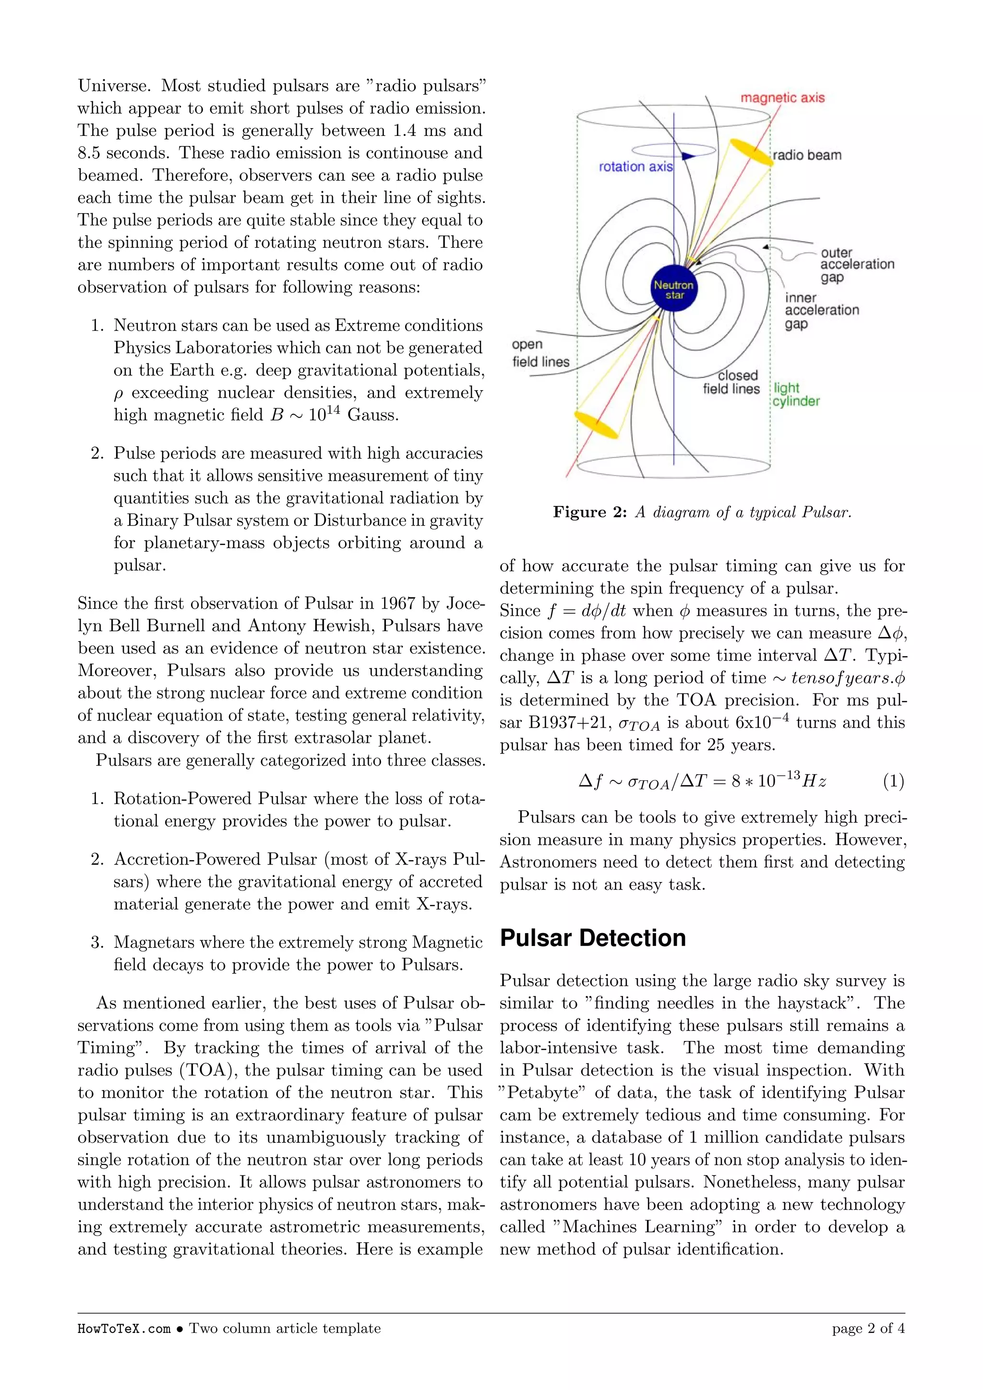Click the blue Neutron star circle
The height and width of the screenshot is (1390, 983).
pyautogui.click(x=674, y=289)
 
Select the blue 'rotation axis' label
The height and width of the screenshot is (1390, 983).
pyautogui.click(x=635, y=167)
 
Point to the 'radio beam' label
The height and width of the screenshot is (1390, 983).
pyautogui.click(x=807, y=155)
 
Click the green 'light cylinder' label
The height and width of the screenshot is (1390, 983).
pyautogui.click(x=796, y=394)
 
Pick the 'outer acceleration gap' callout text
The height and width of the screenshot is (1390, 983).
pyautogui.click(x=856, y=264)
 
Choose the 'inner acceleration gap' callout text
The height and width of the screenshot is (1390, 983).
pyautogui.click(x=821, y=311)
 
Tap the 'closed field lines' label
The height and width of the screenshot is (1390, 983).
pyautogui.click(x=731, y=382)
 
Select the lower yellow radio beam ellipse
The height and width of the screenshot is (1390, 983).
pyautogui.click(x=596, y=424)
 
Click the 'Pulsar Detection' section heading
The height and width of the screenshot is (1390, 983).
pyautogui.click(x=593, y=938)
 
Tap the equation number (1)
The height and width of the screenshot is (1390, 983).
pyautogui.click(x=893, y=781)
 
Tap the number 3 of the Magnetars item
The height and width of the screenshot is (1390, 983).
pyautogui.click(x=96, y=943)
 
